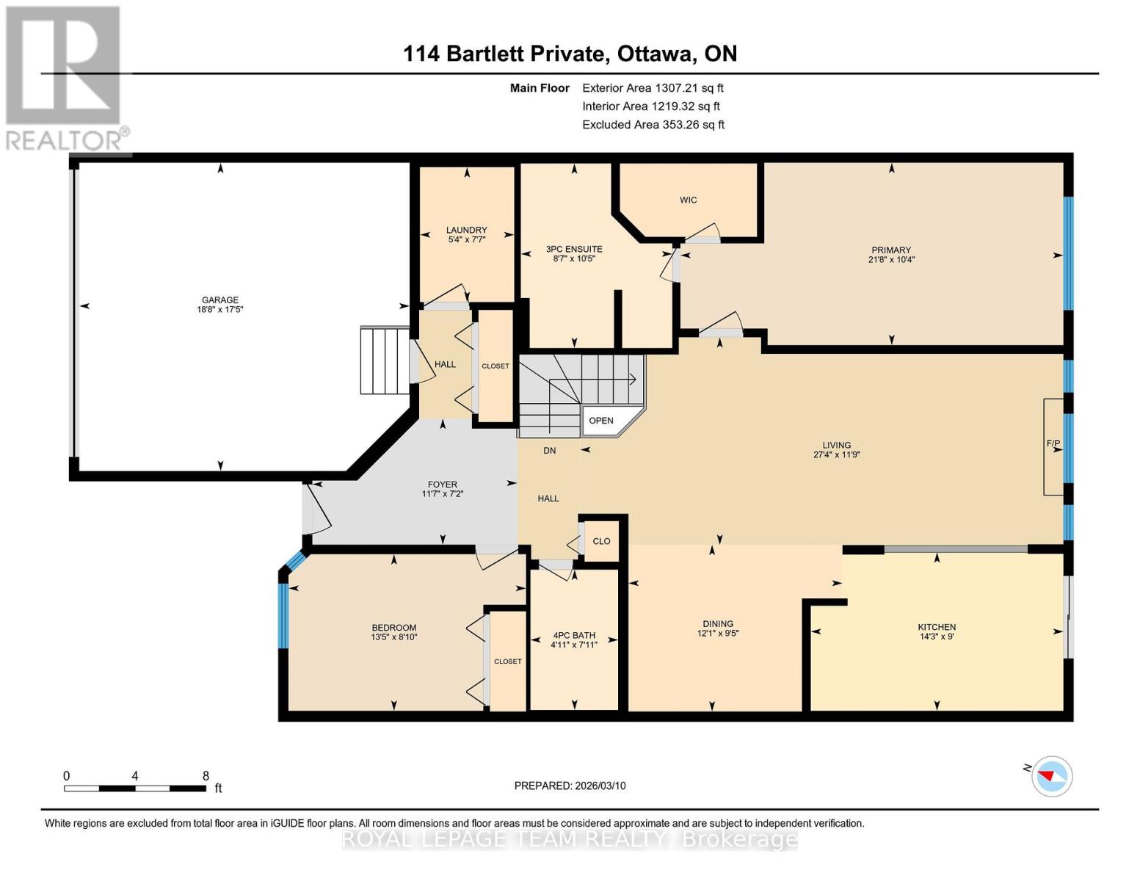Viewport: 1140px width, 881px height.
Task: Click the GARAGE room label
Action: coord(220,300)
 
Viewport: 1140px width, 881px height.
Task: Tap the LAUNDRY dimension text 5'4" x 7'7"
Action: coord(467,239)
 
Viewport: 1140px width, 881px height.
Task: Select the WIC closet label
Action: coord(688,200)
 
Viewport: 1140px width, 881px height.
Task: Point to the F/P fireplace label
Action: coord(1053,443)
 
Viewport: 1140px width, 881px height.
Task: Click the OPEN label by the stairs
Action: coord(601,421)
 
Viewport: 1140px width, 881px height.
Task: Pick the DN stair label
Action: coord(549,451)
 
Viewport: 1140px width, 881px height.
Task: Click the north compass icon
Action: coord(1052,776)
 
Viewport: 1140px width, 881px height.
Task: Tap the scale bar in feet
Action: coord(135,788)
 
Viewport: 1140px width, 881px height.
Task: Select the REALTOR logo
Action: coord(65,77)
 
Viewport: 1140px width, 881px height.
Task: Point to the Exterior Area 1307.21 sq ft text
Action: coord(653,87)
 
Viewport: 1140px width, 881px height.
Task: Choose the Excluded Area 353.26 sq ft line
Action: coord(653,125)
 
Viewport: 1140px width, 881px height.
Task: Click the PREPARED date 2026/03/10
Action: coord(570,786)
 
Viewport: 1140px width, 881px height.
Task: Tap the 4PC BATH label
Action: coord(574,635)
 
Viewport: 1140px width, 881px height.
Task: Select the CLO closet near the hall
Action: coord(601,541)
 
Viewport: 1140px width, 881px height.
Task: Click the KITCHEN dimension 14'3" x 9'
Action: coord(937,637)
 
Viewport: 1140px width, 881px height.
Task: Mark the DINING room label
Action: coord(717,623)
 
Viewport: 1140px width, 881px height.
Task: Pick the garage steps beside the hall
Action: coord(384,360)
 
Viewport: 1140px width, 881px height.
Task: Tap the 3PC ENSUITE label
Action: coord(574,249)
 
